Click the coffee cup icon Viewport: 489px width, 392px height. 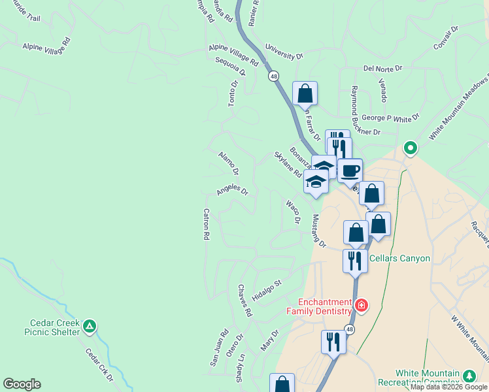350,171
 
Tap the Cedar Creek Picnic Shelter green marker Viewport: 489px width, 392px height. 90,325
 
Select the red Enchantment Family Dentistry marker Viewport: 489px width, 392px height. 360,305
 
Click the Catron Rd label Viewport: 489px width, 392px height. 206,223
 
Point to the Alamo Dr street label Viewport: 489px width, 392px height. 228,163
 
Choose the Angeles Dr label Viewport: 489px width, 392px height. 233,190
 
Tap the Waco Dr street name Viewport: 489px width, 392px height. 292,212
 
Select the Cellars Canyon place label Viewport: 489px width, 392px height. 399,258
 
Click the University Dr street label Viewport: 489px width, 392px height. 284,52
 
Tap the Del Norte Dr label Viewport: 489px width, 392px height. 383,67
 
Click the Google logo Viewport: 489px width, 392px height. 22,384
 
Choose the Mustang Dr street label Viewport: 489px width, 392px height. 318,231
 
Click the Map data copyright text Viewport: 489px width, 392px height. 449,387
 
